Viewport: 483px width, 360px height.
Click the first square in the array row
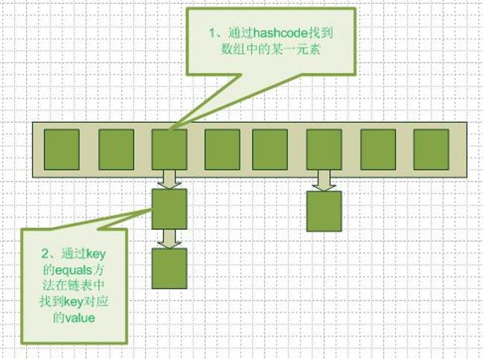coord(62,149)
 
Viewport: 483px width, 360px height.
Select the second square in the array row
coord(116,149)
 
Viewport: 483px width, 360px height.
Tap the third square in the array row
coord(169,149)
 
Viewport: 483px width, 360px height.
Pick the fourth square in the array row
coord(223,149)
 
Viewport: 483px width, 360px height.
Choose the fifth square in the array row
coord(269,149)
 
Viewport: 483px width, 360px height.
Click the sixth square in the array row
coord(324,149)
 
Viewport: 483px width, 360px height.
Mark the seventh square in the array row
coord(377,149)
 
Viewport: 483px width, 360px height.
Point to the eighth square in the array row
coord(431,149)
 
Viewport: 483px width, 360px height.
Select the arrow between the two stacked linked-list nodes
coord(170,238)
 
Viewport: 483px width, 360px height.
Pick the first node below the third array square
coord(170,209)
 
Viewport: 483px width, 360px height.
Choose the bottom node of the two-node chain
coord(170,269)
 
